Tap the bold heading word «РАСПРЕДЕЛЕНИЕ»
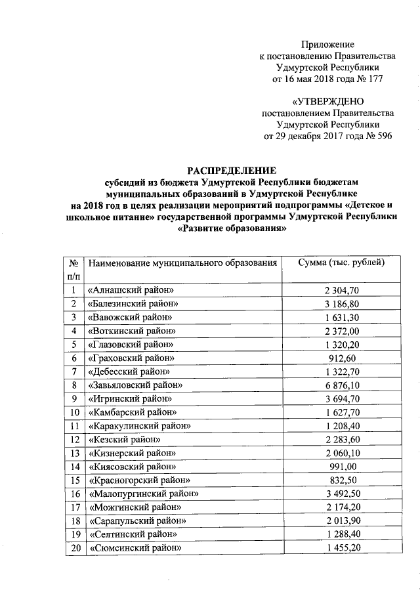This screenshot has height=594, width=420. (232, 171)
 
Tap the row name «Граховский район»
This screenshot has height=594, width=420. (131, 358)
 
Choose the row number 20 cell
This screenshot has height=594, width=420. (75, 548)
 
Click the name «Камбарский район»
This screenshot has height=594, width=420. (132, 412)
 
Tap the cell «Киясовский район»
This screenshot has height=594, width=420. (131, 467)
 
